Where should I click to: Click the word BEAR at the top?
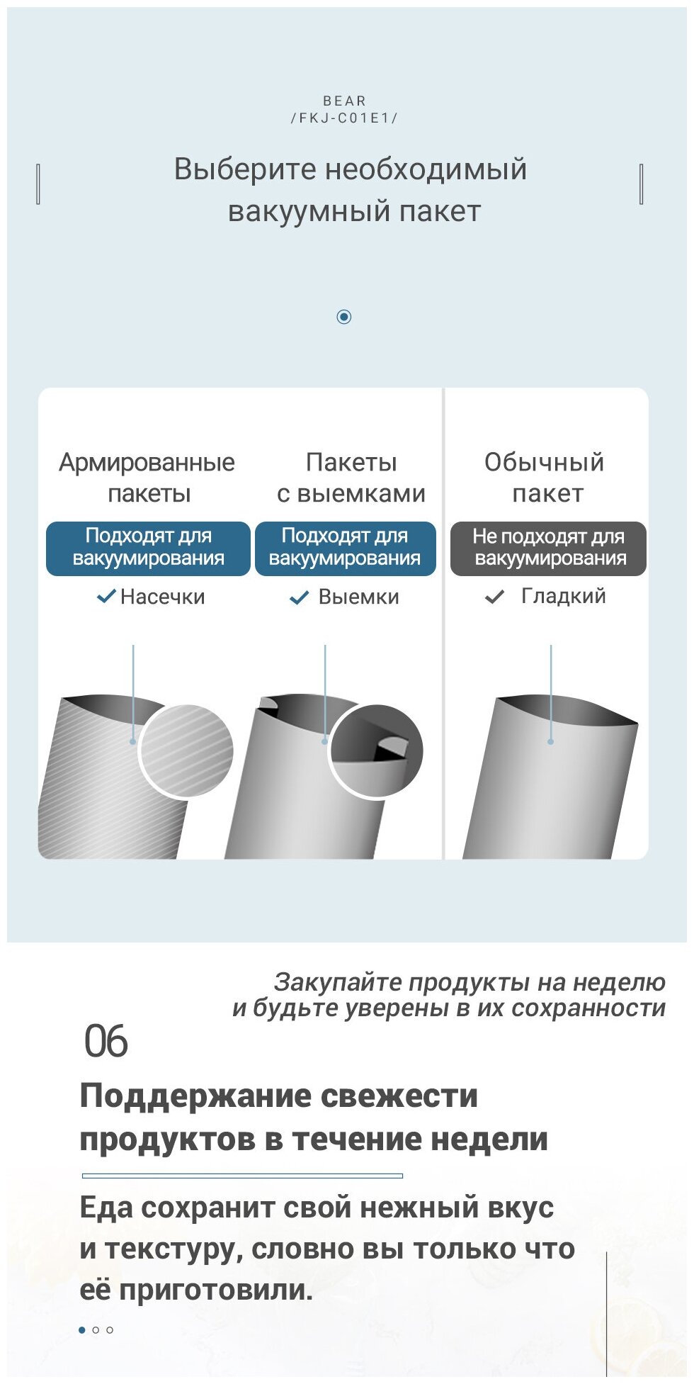tap(344, 101)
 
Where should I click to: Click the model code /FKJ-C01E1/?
tap(344, 118)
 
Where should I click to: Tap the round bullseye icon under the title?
tap(344, 317)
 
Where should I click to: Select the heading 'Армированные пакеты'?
tap(147, 478)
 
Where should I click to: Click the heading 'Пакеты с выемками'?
tap(351, 478)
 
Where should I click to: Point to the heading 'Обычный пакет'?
tap(545, 478)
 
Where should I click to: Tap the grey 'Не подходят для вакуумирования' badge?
tap(549, 548)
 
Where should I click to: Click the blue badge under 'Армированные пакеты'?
tap(148, 548)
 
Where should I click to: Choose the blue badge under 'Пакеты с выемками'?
tap(345, 548)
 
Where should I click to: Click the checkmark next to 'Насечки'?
tap(106, 597)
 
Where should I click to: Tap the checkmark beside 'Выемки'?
tap(300, 597)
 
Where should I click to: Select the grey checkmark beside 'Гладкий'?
tap(494, 597)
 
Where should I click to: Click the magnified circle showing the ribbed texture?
tap(186, 750)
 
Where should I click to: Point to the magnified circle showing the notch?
tap(376, 751)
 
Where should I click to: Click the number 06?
tap(106, 1042)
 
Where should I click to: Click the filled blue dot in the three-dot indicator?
tap(82, 1330)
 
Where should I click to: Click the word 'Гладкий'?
tap(564, 596)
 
